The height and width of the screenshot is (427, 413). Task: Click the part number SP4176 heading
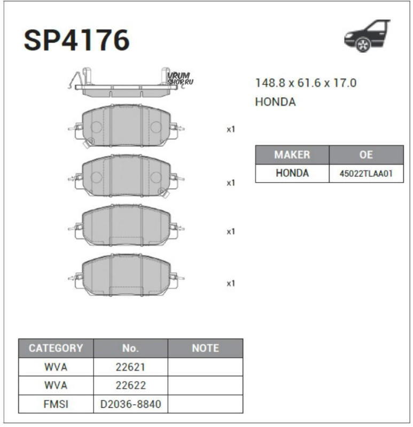[76, 41]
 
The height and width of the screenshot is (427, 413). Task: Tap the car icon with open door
[367, 36]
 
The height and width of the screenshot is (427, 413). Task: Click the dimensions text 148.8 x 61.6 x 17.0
[306, 83]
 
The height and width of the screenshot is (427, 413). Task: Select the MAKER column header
[292, 155]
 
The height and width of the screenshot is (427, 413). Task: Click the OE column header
[366, 155]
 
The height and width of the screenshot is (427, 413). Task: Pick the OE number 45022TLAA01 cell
[366, 173]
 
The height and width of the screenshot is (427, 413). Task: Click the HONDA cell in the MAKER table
[292, 173]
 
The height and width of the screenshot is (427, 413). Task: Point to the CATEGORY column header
[56, 349]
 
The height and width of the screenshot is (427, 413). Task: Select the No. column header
[130, 349]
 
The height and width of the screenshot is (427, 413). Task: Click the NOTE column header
[205, 349]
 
